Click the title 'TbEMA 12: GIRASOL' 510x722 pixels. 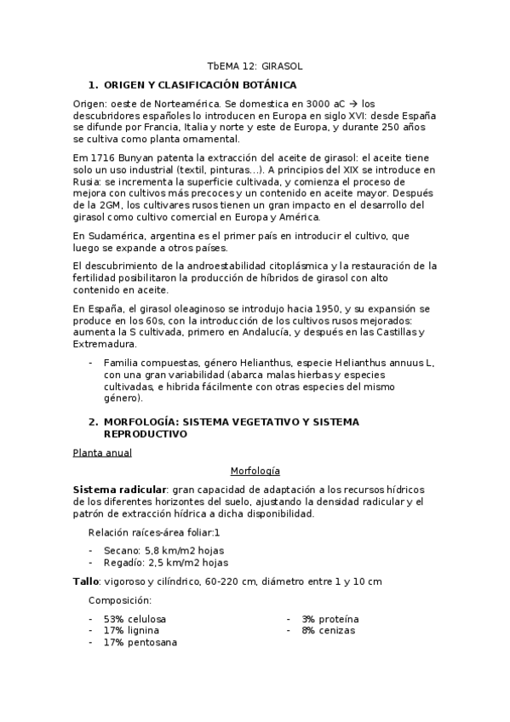255,66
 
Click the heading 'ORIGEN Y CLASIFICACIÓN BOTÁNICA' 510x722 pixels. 199,85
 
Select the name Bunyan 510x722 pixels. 138,158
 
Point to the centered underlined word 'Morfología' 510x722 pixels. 255,471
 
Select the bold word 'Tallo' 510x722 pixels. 87,581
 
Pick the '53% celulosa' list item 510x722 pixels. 135,618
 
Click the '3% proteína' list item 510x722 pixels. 329,618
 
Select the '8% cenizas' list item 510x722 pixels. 328,630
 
